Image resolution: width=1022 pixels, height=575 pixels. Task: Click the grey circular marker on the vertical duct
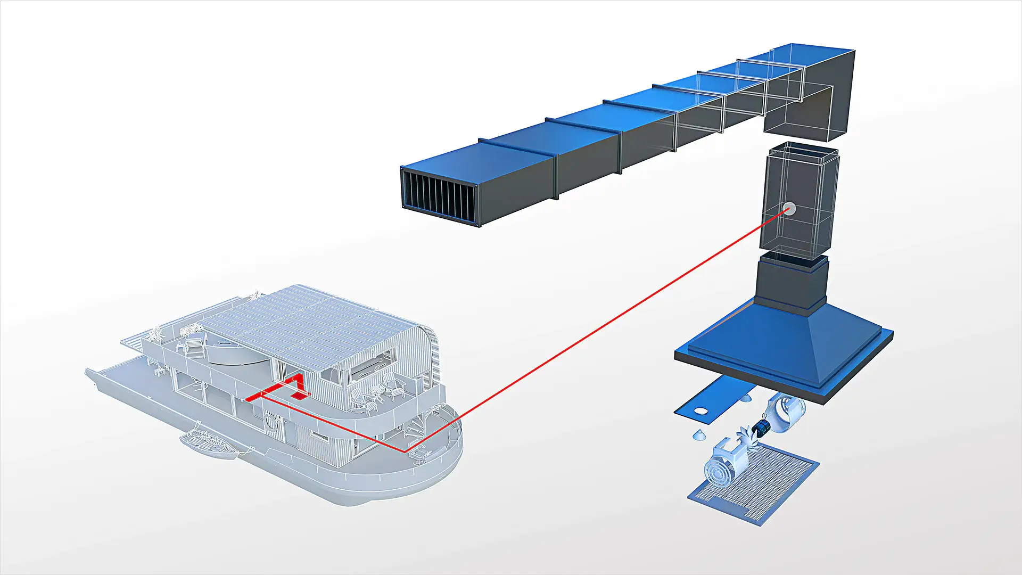click(789, 209)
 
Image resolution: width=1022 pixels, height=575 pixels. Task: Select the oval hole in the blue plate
click(702, 412)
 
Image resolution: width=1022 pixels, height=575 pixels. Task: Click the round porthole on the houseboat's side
click(272, 423)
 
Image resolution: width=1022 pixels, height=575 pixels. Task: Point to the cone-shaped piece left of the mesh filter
click(700, 436)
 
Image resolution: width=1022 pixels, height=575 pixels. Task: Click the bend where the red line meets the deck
click(406, 451)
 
